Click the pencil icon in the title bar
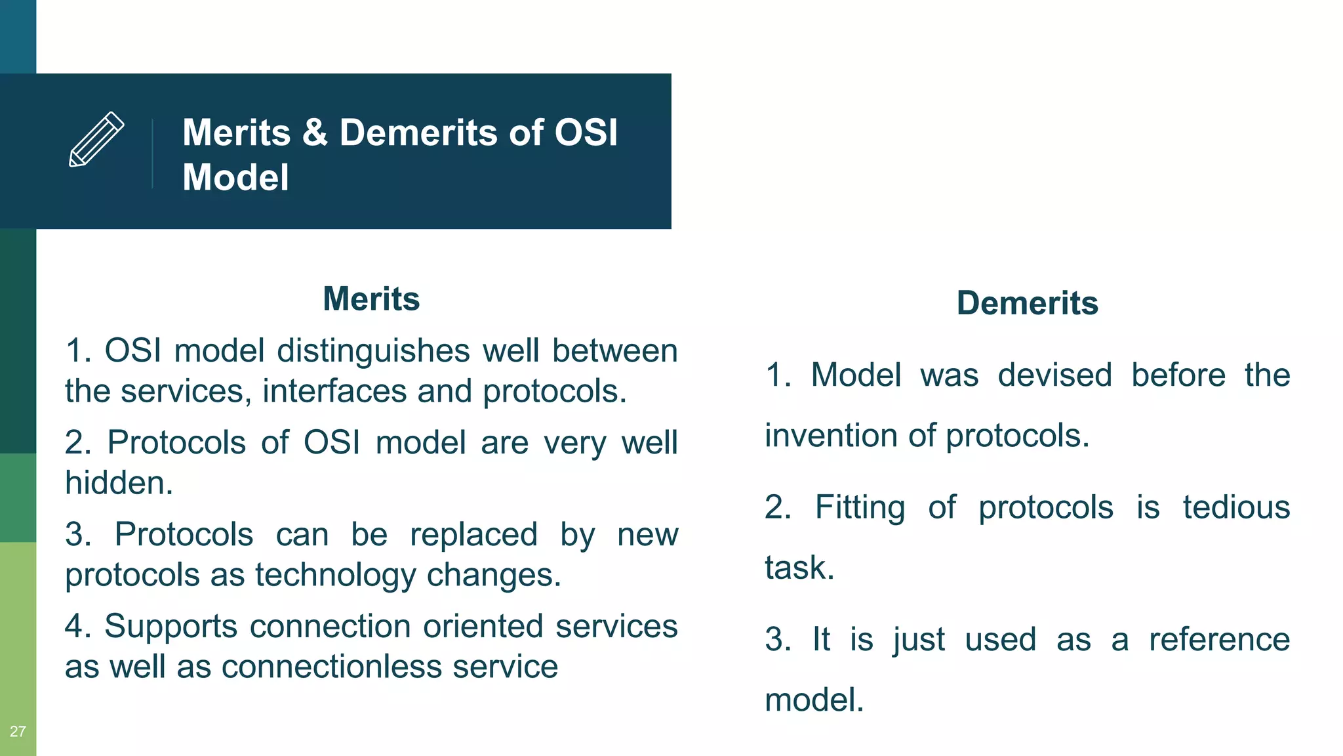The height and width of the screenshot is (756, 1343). (x=96, y=139)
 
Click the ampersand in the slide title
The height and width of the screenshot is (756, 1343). (x=315, y=133)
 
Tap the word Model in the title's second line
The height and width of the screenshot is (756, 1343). (x=235, y=177)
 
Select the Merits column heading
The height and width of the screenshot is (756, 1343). (x=371, y=299)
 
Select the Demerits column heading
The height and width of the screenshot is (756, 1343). (x=1027, y=303)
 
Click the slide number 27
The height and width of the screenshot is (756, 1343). (x=18, y=731)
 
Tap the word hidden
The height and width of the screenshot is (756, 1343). (x=118, y=483)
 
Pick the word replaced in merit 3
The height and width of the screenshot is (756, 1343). (x=473, y=534)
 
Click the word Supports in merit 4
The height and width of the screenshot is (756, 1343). (x=170, y=626)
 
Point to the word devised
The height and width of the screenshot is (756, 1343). (x=1054, y=375)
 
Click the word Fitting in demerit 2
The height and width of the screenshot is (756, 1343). (x=860, y=507)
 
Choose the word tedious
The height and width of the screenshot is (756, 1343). (x=1236, y=507)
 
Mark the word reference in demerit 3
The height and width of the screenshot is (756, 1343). (x=1219, y=639)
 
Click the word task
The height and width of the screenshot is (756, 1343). (x=799, y=568)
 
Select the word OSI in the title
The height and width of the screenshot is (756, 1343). (x=586, y=133)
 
